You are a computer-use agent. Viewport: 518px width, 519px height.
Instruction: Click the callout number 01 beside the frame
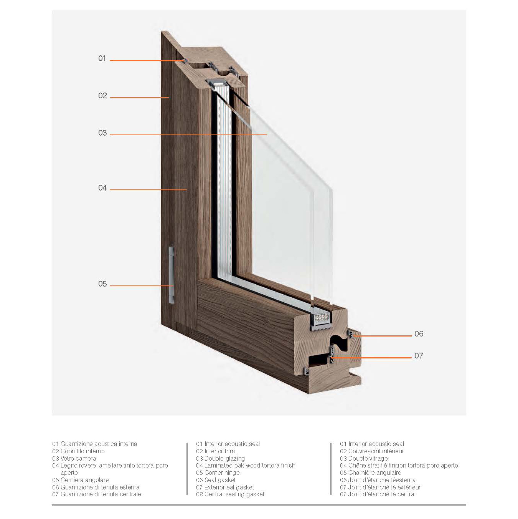pos(102,58)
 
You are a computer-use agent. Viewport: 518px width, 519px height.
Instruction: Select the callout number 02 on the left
pos(102,96)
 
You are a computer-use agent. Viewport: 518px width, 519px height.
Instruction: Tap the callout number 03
pos(102,133)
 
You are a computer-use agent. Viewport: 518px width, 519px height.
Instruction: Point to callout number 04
pos(102,188)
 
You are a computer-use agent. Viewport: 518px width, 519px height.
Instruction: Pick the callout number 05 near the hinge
pos(102,284)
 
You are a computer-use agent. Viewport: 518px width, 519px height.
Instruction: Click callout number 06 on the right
pos(419,334)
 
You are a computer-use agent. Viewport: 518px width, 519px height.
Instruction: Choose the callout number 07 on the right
pos(419,355)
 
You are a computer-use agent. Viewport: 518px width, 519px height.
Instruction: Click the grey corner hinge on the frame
pos(171,275)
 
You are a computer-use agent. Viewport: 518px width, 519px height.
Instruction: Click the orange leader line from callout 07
pos(371,358)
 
